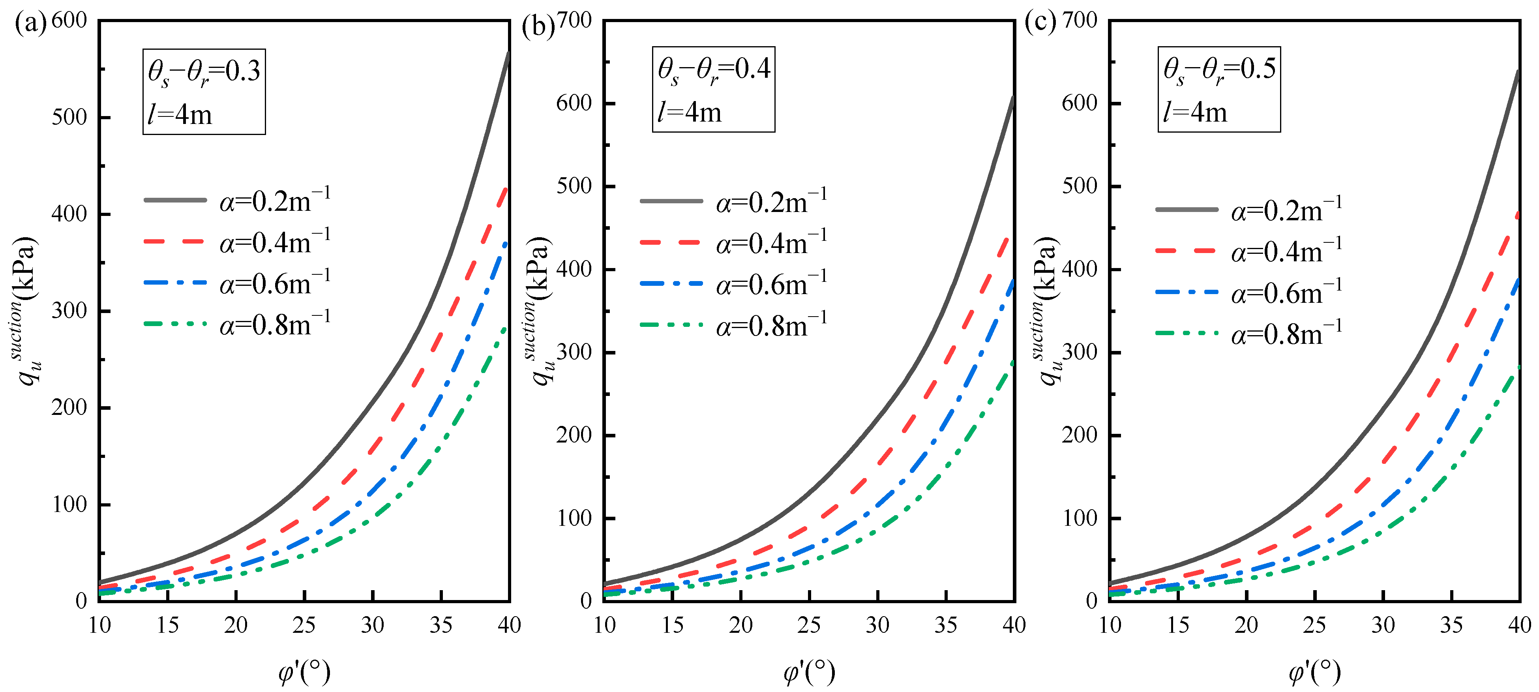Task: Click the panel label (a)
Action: [30, 24]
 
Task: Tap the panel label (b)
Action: [538, 27]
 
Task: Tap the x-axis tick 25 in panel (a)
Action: [304, 625]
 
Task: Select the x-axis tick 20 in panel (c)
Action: [1246, 625]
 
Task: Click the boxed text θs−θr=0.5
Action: [1219, 70]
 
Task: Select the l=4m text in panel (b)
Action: [690, 113]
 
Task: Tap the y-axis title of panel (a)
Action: [26, 311]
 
